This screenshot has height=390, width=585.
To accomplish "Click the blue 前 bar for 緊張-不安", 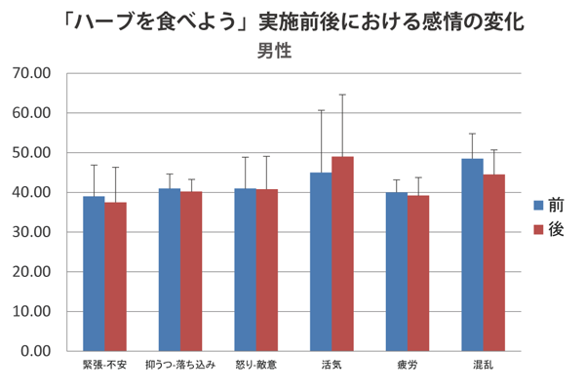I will click(94, 273).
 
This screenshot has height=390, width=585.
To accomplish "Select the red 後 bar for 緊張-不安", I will click(116, 276).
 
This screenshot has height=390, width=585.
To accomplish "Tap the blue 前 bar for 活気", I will click(321, 261).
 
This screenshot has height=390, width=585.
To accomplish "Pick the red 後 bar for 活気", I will click(342, 253).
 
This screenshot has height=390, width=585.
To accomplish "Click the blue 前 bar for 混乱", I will click(472, 254).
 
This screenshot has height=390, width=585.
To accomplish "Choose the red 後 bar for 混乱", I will click(494, 262).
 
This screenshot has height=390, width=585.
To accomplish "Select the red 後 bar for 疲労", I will click(418, 273).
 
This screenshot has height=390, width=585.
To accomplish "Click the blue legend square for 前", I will click(537, 206).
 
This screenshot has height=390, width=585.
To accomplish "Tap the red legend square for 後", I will click(537, 230).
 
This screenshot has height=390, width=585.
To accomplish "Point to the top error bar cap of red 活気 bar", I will click(342, 95).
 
